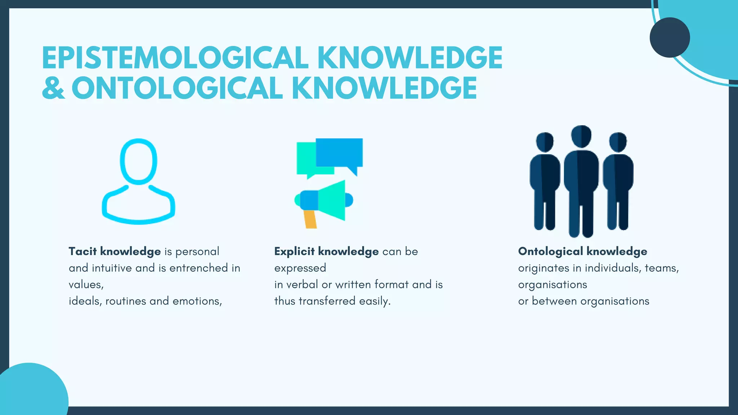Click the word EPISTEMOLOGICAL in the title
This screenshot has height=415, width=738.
[175, 58]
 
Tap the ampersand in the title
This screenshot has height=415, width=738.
[53, 88]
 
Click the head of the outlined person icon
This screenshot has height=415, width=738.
[138, 161]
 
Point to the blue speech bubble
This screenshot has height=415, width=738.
[339, 152]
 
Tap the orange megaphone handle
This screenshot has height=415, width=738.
[310, 219]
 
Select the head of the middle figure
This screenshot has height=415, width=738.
[581, 136]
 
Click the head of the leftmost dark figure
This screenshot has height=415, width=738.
[544, 142]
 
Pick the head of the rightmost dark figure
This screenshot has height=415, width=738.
[618, 142]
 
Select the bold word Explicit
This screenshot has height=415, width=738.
[294, 251]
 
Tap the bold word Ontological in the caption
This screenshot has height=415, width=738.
[550, 251]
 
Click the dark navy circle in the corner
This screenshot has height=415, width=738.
[670, 37]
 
